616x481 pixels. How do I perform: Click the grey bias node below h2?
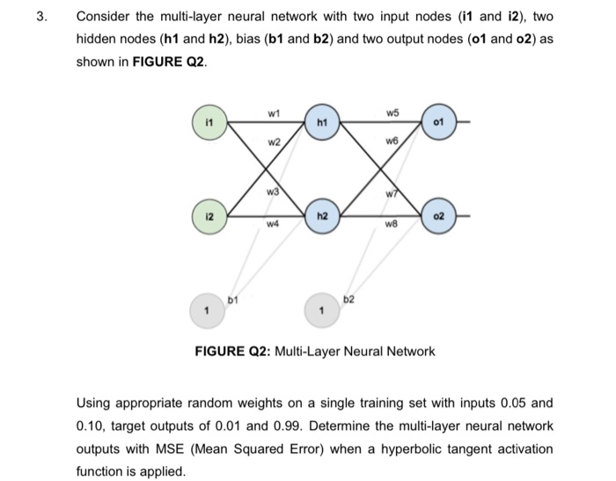(322, 309)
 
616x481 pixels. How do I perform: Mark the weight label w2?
(274, 143)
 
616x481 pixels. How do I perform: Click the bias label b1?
(234, 301)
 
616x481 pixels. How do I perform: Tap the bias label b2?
(348, 300)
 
